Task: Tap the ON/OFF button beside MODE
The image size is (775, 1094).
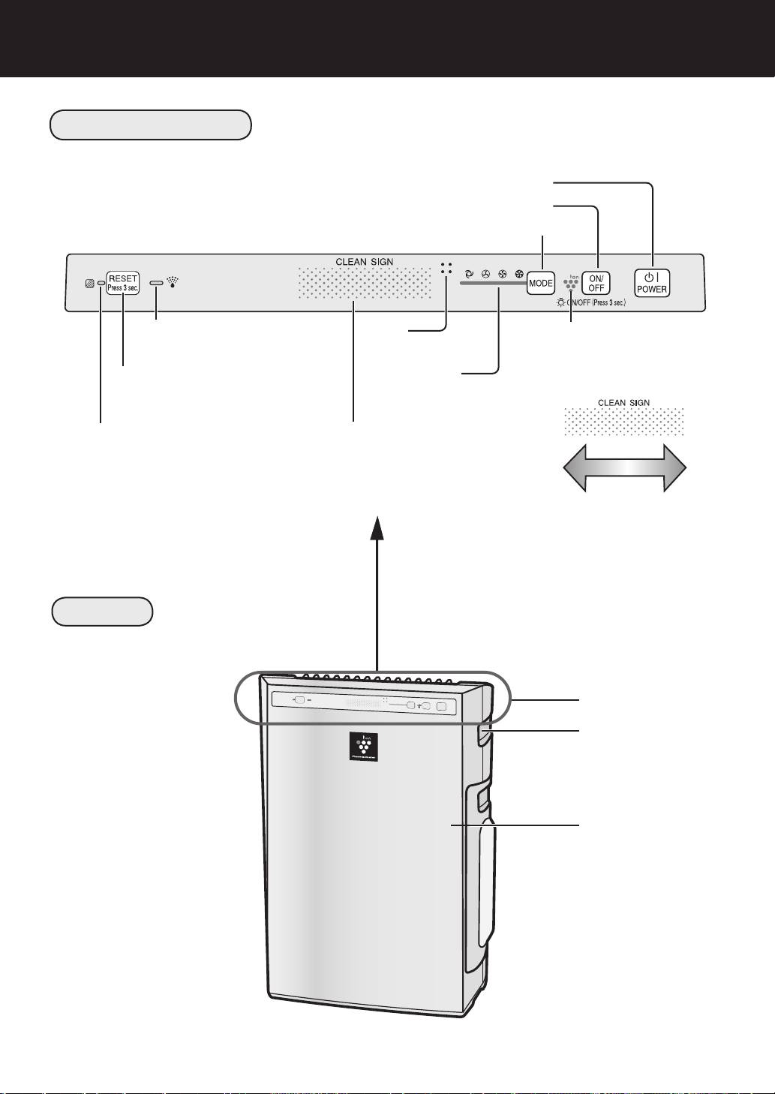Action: [596, 282]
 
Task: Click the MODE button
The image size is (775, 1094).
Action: [540, 283]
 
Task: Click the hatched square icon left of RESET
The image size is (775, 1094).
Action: [90, 284]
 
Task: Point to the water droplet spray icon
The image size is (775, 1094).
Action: [174, 282]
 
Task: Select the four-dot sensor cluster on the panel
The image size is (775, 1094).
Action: [447, 268]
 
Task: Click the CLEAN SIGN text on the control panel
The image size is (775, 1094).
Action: [364, 262]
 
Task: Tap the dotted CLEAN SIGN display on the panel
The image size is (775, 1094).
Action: [364, 283]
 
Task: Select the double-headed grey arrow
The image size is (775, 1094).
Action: [624, 466]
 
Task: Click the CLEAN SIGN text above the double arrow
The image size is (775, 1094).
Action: [623, 402]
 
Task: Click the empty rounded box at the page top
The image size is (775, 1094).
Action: [150, 125]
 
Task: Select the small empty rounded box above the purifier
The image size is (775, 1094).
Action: [102, 612]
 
